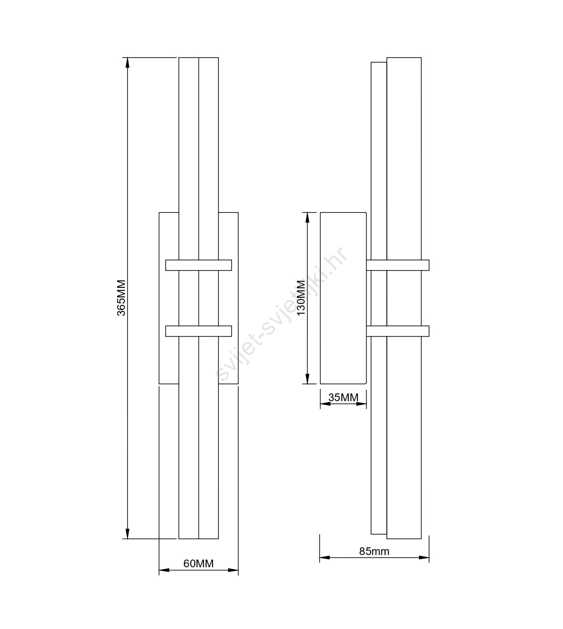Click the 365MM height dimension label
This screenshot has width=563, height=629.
point(121,298)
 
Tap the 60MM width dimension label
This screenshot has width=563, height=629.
point(198,564)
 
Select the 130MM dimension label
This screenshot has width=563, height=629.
point(301,297)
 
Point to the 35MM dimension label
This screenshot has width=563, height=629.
point(343,398)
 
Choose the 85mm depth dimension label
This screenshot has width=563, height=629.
point(374,551)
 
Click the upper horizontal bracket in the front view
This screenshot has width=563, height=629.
point(198,265)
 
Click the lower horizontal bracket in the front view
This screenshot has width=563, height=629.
point(198,331)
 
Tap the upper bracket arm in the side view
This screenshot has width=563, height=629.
point(398,265)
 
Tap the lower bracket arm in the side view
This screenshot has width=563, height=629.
point(398,331)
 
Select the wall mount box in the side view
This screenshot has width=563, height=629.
point(343,298)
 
